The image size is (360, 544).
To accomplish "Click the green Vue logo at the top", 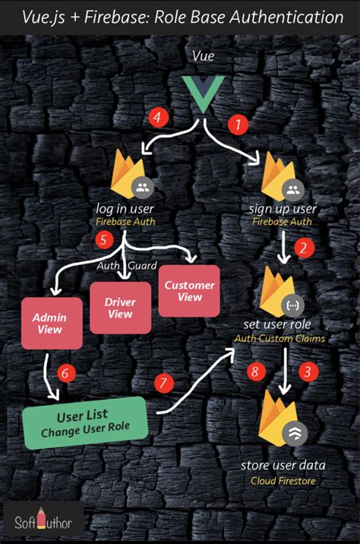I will pyautogui.click(x=201, y=95).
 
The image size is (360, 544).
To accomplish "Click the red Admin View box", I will pyautogui.click(x=52, y=322).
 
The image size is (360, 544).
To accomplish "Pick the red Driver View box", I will pyautogui.click(x=120, y=308).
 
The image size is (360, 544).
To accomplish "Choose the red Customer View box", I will pyautogui.click(x=188, y=291).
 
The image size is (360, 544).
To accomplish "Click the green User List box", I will pyautogui.click(x=84, y=422).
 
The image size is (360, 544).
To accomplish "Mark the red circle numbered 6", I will pyautogui.click(x=66, y=372).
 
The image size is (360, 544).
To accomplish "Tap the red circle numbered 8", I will pyautogui.click(x=256, y=372).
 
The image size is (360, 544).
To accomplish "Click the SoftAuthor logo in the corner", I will pyautogui.click(x=43, y=522).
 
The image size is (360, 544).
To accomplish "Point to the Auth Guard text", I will pyautogui.click(x=126, y=265).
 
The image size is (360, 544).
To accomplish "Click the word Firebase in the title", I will pyautogui.click(x=119, y=17).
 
